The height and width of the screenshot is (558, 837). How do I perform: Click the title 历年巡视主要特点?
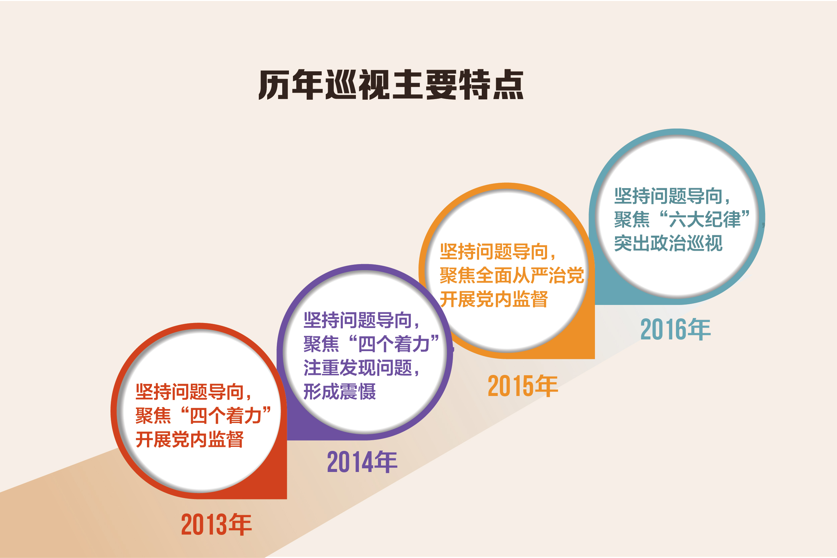click(391, 85)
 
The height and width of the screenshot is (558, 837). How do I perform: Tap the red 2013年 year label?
click(216, 524)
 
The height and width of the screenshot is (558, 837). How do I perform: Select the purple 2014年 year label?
click(362, 462)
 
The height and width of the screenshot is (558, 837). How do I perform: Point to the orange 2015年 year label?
click(523, 386)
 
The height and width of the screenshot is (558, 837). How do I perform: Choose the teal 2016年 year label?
click(675, 329)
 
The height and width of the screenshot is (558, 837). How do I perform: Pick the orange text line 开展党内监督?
click(494, 299)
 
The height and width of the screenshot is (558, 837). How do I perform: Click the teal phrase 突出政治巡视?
click(668, 243)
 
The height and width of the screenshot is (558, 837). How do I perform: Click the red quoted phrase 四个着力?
click(226, 415)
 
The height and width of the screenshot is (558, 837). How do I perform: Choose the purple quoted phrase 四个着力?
click(394, 344)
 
